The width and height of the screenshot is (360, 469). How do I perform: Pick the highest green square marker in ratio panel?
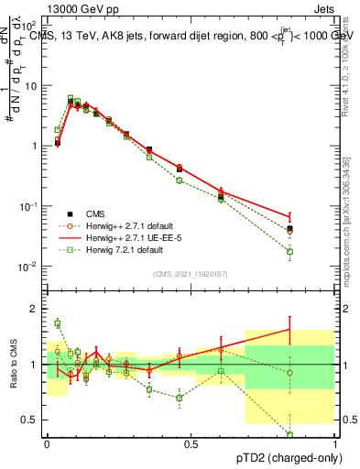[x=58, y=322]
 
